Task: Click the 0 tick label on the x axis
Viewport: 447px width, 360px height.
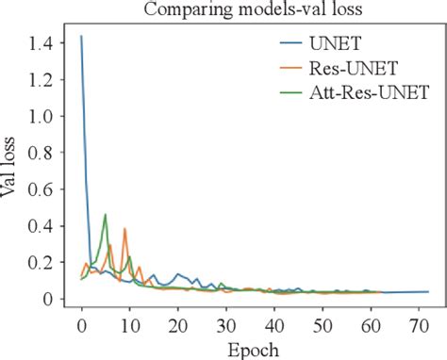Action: (82, 325)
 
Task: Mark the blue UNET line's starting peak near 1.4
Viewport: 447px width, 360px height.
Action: (82, 37)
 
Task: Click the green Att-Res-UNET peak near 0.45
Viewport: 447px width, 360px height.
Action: (106, 215)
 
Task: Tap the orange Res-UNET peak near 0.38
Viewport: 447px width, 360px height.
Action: (124, 228)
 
